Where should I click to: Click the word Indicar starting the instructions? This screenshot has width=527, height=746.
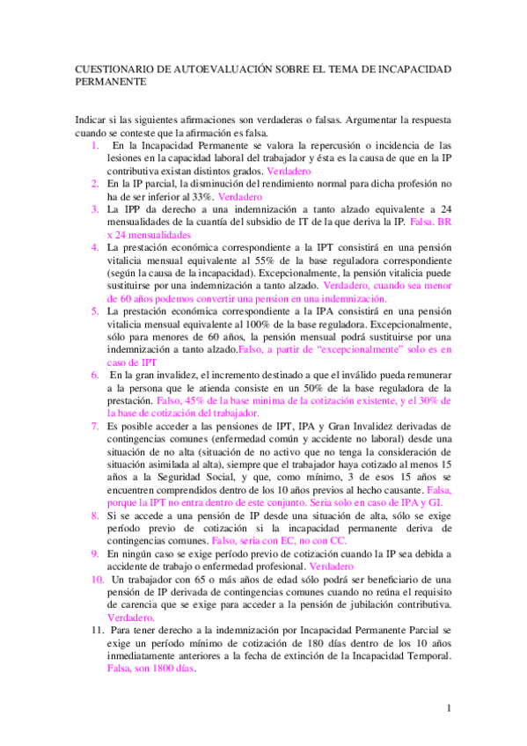coord(87,119)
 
